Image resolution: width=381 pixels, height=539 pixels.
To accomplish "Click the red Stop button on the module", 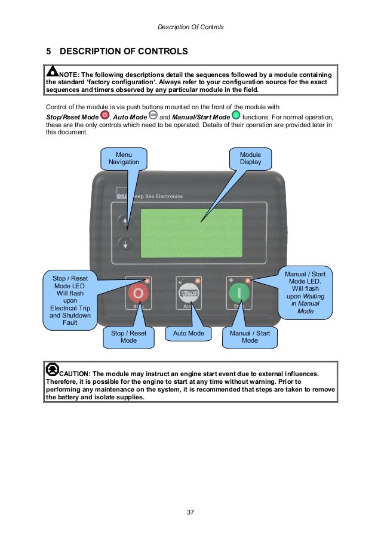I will coord(139,294).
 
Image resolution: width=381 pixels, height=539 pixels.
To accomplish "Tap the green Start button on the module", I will coord(238,294).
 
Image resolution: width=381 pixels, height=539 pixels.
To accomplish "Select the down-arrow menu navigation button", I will coord(125,243).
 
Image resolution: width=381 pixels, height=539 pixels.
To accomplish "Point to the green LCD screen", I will coord(191,233).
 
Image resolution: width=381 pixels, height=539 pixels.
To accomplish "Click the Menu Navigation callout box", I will coord(124,158).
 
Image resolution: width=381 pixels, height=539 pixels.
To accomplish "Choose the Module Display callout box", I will coord(250,158).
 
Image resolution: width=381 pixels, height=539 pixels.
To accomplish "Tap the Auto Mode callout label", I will coord(188,333).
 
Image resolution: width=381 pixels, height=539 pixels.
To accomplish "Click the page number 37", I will coord(190,512).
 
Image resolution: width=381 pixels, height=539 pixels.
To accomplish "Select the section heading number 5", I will coord(48,51).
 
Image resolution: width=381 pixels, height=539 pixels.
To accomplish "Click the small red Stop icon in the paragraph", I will coord(105,115).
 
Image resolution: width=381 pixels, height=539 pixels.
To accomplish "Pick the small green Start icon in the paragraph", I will coord(236,115).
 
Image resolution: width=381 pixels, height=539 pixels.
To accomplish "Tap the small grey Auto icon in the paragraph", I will coord(153,115).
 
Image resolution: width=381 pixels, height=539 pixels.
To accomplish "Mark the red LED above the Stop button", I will coord(147,279).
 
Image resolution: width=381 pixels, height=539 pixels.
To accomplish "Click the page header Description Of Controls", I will coord(190,27).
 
